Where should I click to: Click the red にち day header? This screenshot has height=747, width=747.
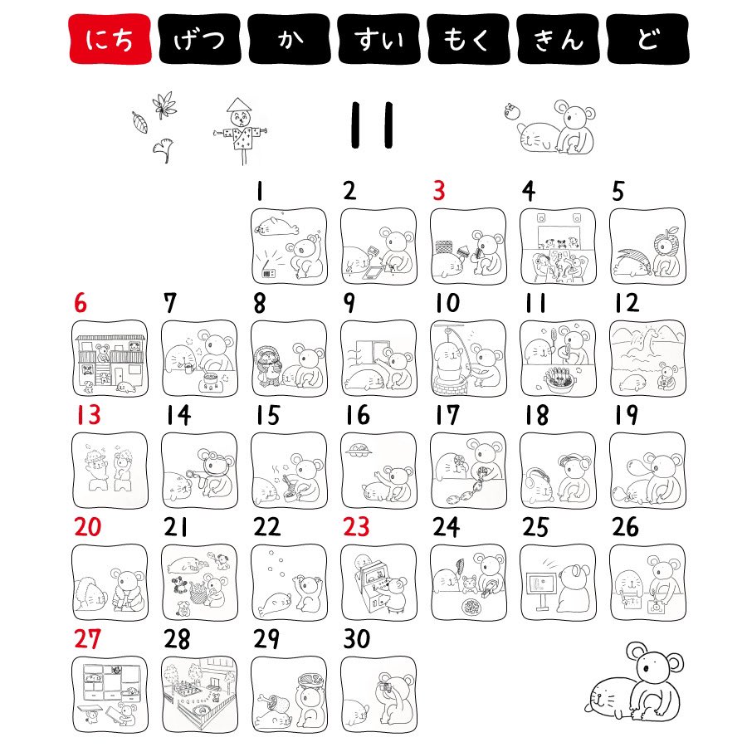[110, 38]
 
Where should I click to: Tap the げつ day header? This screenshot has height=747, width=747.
[199, 38]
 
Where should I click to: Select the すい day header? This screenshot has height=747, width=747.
[378, 38]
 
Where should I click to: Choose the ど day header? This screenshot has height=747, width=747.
[648, 38]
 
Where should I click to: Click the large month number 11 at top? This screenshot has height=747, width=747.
[372, 124]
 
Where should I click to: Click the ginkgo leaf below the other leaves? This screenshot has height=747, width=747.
[164, 150]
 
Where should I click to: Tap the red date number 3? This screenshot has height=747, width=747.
[439, 191]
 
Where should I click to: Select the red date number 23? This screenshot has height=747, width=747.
[356, 526]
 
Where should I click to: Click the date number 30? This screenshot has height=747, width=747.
[357, 639]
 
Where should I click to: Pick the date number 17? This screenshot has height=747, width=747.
[447, 414]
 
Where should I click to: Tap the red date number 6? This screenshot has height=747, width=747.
[81, 303]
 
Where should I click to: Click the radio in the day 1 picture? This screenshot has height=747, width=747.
[269, 273]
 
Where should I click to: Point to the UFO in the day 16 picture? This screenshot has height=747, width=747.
[361, 449]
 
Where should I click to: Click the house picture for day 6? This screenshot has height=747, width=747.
[110, 359]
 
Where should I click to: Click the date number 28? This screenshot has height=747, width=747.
[177, 639]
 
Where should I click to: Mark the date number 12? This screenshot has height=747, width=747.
[627, 303]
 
